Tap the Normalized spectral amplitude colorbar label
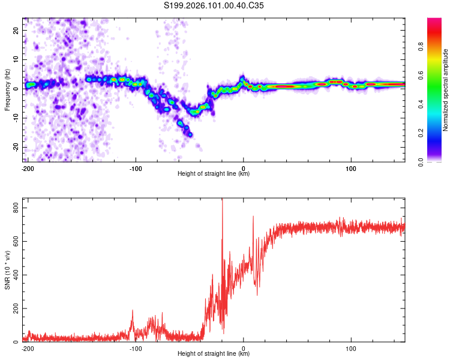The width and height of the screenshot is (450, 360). [x=446, y=90]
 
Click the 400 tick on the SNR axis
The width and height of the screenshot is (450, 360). [x=16, y=275]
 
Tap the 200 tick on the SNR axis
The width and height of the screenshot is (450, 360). [x=16, y=308]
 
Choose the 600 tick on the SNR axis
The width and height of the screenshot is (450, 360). [x=16, y=241]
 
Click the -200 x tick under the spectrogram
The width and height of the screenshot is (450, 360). [x=27, y=168]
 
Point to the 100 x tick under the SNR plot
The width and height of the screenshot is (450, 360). [x=351, y=348]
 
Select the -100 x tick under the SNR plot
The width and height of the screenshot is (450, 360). [x=135, y=348]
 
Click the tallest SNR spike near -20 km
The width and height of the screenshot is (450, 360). [x=223, y=202]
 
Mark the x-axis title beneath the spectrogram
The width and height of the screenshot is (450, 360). [x=214, y=174]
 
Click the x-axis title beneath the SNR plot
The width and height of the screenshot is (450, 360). [x=214, y=354]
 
